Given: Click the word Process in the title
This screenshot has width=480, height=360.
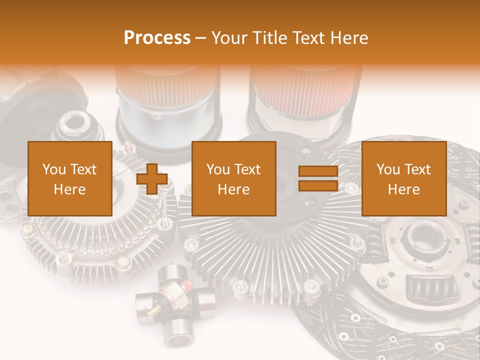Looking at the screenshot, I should tap(157, 38).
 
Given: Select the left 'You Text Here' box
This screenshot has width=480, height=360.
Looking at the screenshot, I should tap(70, 178).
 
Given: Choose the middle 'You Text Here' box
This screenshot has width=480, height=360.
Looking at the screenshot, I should tap(234, 178).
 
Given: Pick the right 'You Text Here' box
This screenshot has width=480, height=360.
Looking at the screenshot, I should tap(403, 178).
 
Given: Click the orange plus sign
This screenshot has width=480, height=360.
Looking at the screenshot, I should tap(152, 179).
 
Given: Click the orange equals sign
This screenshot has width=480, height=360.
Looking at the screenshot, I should tap(318, 178).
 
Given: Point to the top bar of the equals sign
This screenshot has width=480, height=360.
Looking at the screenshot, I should tap(318, 171).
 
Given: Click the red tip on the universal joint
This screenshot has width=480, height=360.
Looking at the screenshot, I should tap(187, 284).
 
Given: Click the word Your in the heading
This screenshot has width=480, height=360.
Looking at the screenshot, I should tap(231, 38).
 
